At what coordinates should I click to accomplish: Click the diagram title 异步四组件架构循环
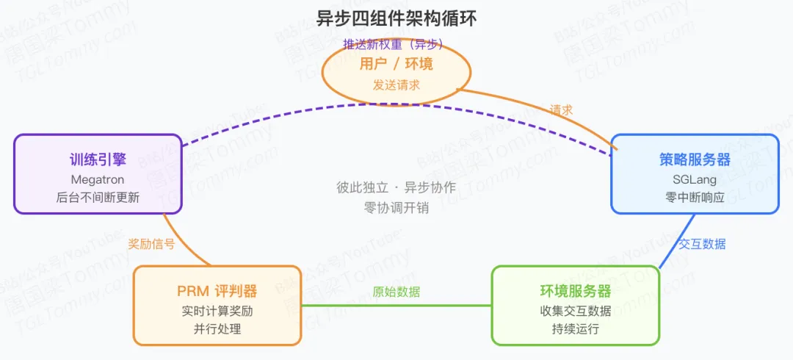coord(396,18)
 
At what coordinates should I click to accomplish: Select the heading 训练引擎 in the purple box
coord(98,160)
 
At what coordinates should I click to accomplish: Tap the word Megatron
coord(98,179)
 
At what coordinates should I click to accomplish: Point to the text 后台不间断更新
coord(98,198)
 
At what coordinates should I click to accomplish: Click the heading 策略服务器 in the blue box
coord(695,160)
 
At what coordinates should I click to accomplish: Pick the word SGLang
coord(695,179)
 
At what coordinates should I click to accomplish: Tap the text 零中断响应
coord(695,198)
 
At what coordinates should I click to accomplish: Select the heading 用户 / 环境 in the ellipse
coord(396,64)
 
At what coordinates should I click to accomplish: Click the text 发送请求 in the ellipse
coord(396,85)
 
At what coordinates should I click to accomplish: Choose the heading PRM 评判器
coord(217,291)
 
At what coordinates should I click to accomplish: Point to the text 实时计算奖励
coord(217,311)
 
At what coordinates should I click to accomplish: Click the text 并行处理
coord(217,329)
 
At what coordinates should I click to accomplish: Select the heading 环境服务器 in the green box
coord(576,291)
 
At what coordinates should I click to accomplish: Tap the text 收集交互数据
coord(576,311)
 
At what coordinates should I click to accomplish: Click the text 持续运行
coord(576,329)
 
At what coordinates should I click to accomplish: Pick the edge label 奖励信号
coord(151,244)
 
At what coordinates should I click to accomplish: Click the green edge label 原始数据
coord(396,292)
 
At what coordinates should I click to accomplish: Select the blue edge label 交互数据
coord(702,244)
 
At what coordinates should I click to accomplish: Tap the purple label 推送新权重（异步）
coord(394,44)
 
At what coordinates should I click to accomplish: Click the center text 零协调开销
coord(396,207)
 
